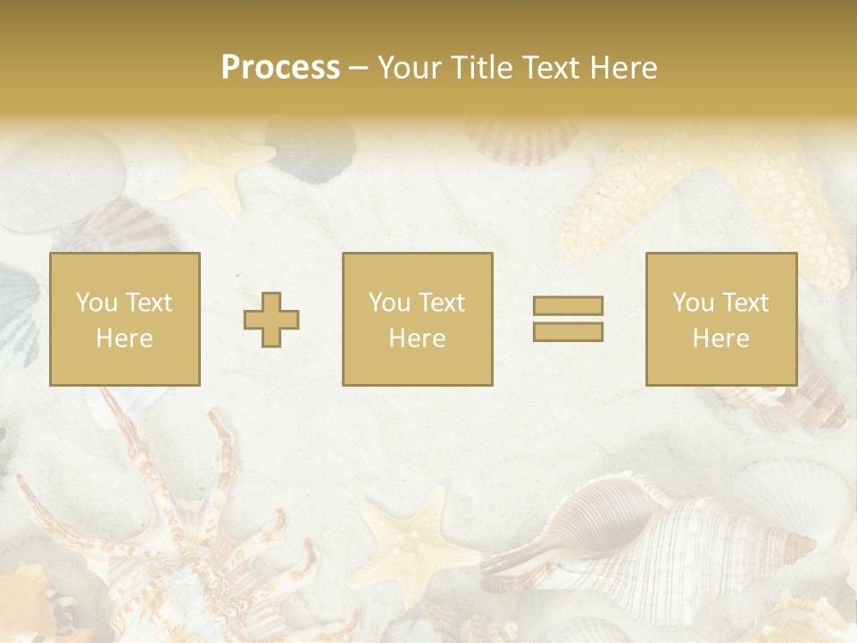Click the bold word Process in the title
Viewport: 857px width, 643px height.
click(280, 68)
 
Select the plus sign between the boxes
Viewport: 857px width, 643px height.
click(271, 320)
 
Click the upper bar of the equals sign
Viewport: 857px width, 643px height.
click(568, 306)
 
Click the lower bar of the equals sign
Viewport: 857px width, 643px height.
click(568, 332)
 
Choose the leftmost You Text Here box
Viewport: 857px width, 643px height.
click(125, 320)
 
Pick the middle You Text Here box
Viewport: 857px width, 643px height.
click(418, 320)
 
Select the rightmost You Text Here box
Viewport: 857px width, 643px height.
click(721, 320)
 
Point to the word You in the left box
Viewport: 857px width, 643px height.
click(96, 303)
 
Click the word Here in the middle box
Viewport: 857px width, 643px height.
click(418, 338)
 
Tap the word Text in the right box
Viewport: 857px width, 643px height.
click(743, 303)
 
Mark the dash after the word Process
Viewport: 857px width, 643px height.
click(359, 68)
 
